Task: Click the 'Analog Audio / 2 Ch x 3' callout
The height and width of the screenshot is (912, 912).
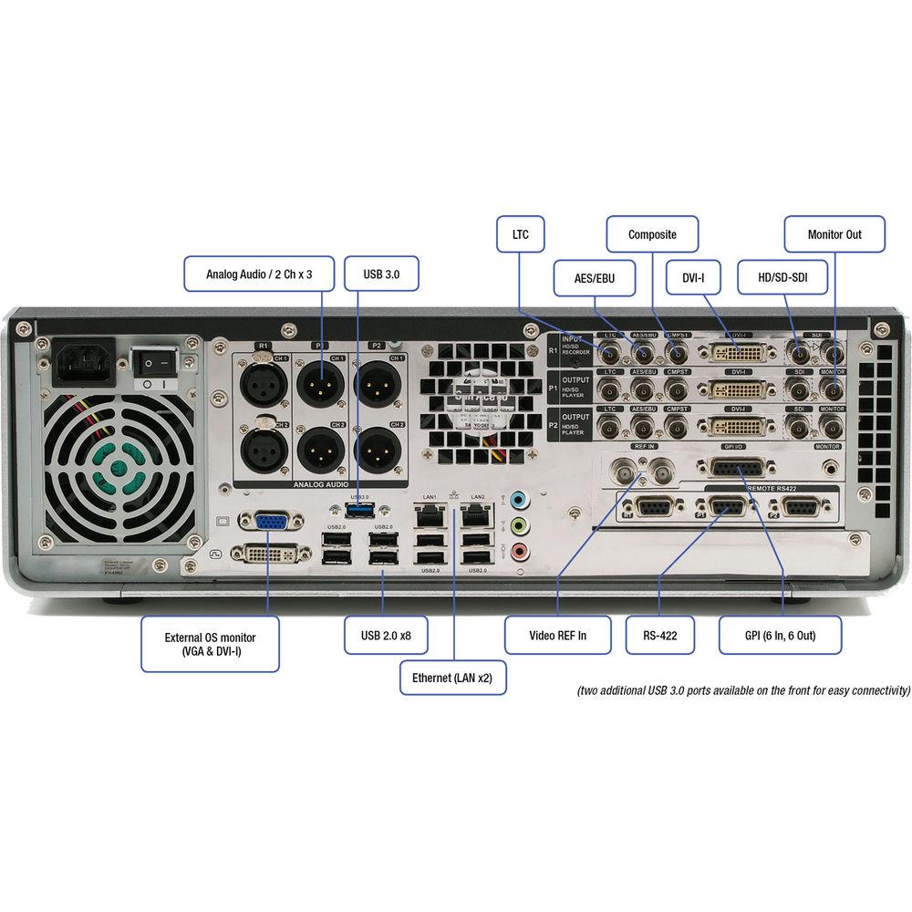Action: tap(258, 273)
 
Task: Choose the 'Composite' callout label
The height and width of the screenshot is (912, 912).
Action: tap(652, 234)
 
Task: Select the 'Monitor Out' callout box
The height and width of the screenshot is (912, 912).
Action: tap(834, 234)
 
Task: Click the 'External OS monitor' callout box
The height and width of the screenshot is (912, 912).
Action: tap(210, 645)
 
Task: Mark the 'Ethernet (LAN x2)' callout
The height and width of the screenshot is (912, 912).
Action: tap(452, 678)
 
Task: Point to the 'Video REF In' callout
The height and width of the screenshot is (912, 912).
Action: tap(558, 635)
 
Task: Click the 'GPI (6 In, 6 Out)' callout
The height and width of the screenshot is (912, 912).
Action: tap(780, 635)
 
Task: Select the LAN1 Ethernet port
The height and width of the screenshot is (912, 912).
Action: tap(427, 517)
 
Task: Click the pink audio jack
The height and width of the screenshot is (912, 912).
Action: tap(519, 550)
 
